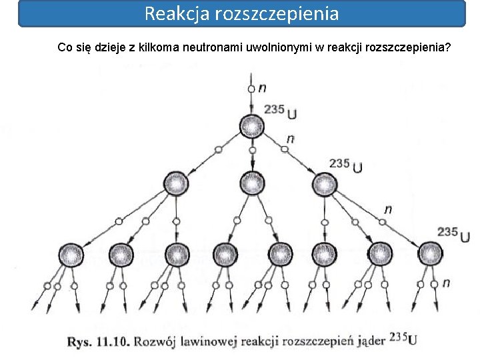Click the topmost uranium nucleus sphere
252,126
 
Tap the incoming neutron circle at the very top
251,88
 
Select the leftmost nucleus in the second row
175,183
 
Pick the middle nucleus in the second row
252,183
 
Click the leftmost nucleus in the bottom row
70,254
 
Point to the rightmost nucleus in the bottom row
429,254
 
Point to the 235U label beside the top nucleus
281,111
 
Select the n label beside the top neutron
262,87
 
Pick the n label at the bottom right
445,283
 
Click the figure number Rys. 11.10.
98,342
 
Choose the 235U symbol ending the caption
403,339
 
